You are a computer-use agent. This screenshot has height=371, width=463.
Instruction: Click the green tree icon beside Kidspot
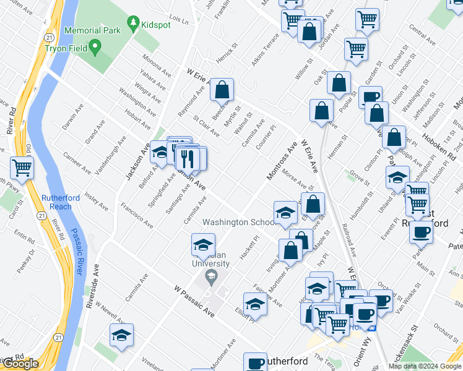(132, 23)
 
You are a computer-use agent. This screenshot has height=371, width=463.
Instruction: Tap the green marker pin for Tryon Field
(95, 46)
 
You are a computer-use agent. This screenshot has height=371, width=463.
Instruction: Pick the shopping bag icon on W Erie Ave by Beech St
(222, 89)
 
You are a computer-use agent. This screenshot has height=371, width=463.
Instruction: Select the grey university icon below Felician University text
(211, 276)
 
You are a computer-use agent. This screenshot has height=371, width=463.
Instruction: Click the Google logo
(21, 364)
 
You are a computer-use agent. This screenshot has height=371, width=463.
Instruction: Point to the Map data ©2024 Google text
(425, 366)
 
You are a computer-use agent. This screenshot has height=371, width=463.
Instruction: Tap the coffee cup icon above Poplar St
(370, 97)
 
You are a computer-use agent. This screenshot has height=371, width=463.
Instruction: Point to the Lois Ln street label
(178, 20)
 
